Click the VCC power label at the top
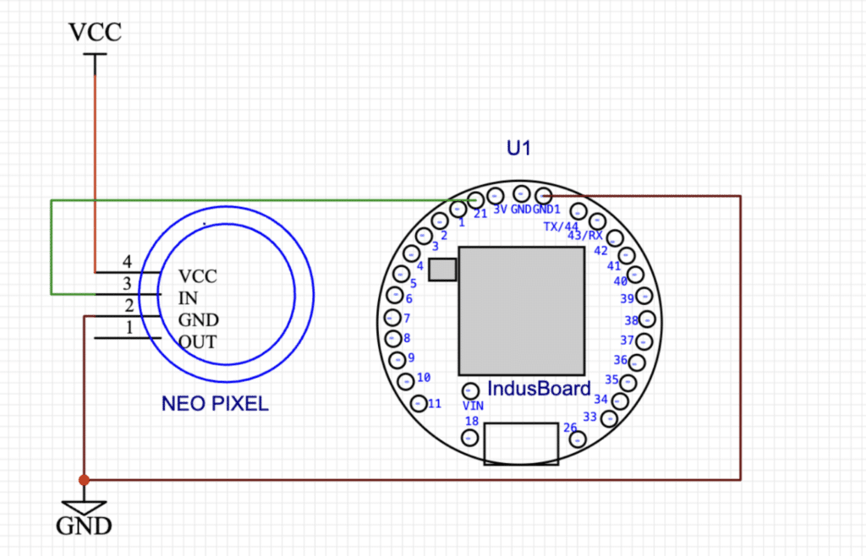coord(95,32)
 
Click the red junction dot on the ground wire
coord(84,480)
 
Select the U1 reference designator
coord(518,148)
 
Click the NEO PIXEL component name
coord(215,404)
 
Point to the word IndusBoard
coord(539,389)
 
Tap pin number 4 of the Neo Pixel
coord(127,261)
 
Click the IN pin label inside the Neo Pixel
coord(188,297)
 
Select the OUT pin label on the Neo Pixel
coord(198,342)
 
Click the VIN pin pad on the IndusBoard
coord(470,391)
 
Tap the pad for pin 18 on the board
coord(469,438)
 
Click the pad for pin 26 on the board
coord(577,439)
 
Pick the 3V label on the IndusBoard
coord(500,210)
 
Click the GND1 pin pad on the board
coord(544,195)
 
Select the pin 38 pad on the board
coord(647,319)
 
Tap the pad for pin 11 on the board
coord(419,403)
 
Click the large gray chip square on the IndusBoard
coord(521,311)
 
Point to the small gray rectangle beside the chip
coord(442,270)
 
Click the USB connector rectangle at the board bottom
coord(521,444)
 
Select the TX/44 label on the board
coord(562,226)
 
